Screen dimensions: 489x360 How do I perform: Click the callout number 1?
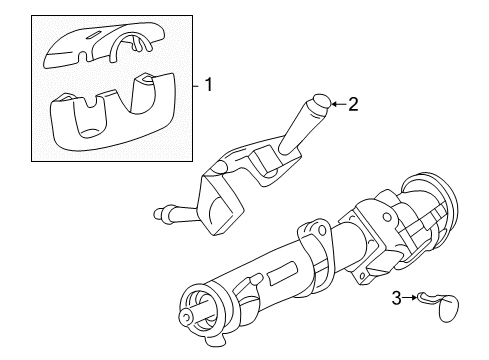(209, 85)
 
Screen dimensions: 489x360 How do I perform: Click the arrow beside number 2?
(337, 102)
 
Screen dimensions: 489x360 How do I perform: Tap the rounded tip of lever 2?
(319, 101)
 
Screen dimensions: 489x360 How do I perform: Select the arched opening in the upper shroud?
(129, 45)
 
